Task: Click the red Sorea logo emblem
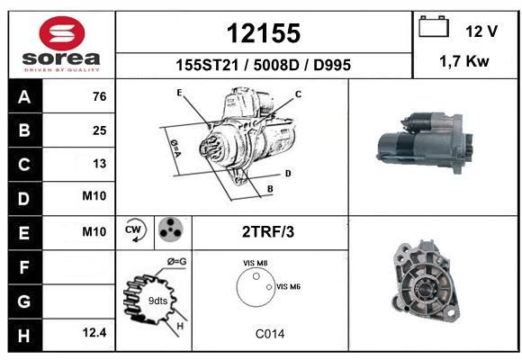pos(62,33)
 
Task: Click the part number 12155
pos(264,33)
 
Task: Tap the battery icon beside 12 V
pos(434,27)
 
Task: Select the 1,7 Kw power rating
pos(464,61)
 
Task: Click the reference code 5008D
pos(276,65)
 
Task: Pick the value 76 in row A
pos(100,96)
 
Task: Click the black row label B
pos(25,130)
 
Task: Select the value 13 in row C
pos(100,164)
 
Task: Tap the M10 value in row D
pos(94,196)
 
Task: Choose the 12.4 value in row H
pos(94,332)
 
